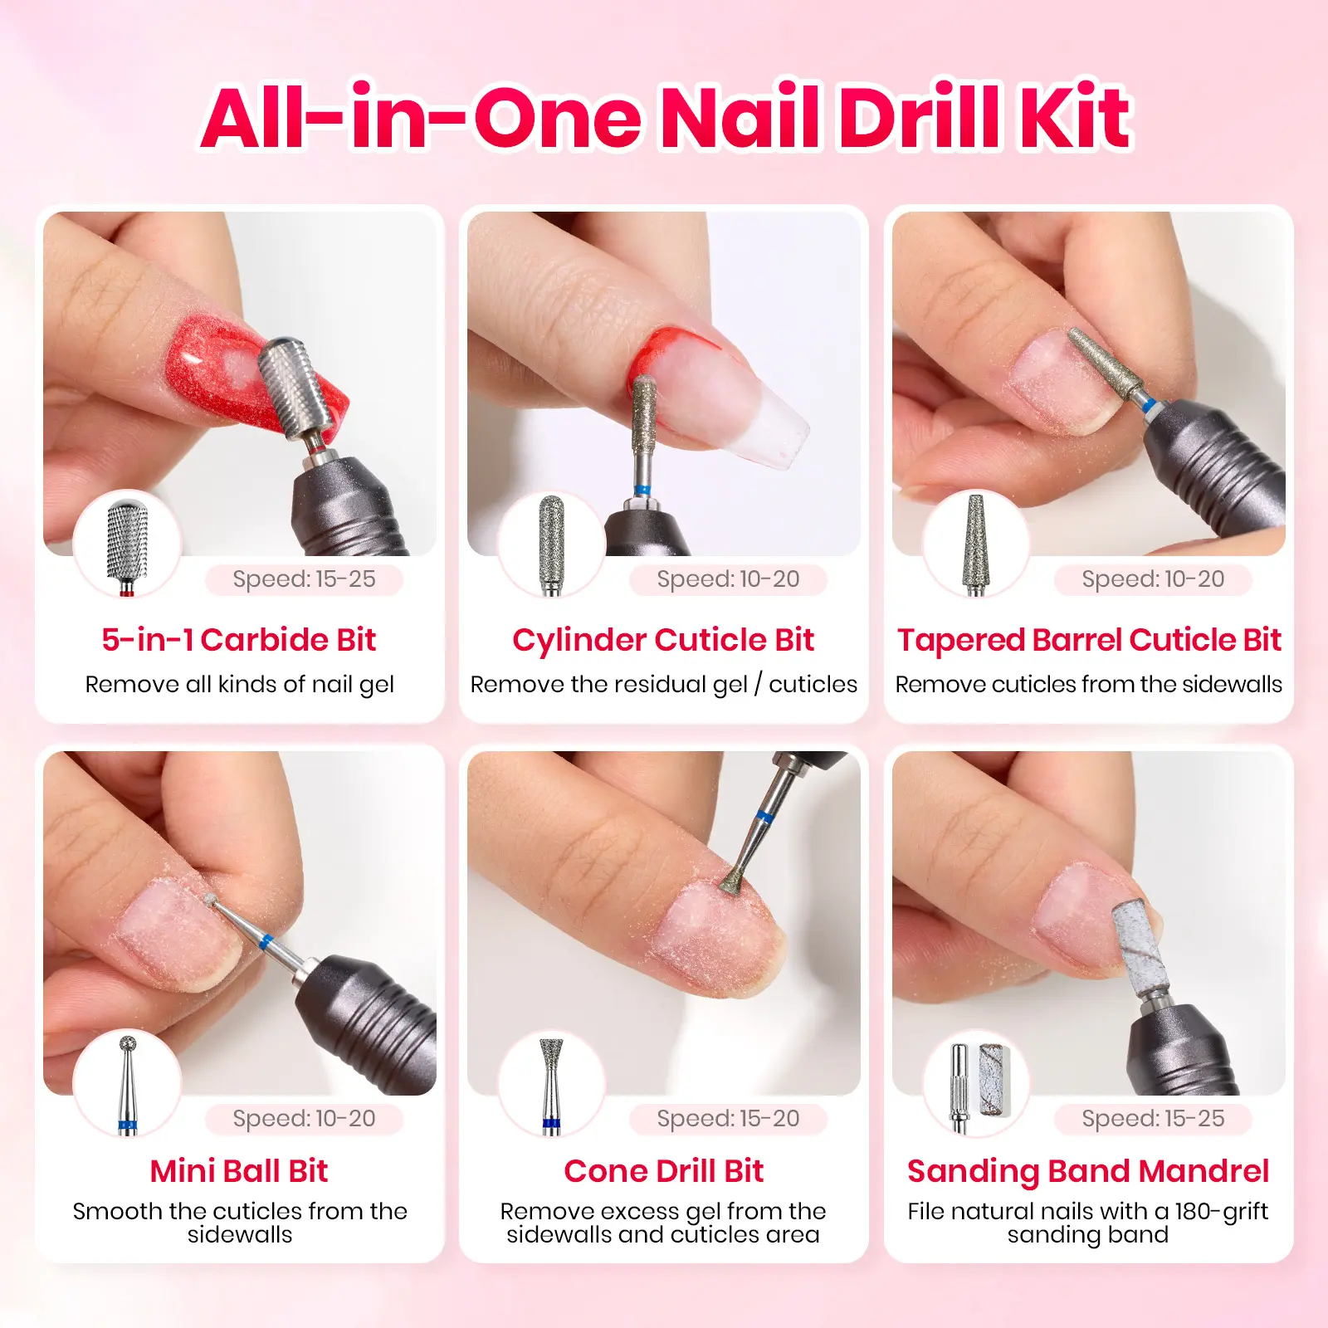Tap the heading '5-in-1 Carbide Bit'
click(239, 640)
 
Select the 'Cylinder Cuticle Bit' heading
click(663, 640)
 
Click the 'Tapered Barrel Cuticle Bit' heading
click(1089, 640)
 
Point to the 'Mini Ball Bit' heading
click(239, 1171)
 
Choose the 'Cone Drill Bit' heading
click(663, 1171)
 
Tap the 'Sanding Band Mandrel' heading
click(1088, 1171)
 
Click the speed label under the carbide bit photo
click(304, 579)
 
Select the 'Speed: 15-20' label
click(728, 1119)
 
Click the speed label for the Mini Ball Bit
click(304, 1119)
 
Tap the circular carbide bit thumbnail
click(127, 544)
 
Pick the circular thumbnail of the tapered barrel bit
click(976, 544)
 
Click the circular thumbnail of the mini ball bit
click(127, 1083)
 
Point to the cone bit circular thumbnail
click(551, 1083)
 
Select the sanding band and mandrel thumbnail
click(976, 1083)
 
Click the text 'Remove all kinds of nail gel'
click(239, 684)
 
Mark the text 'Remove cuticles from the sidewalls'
click(1089, 684)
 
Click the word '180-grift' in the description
click(1221, 1212)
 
